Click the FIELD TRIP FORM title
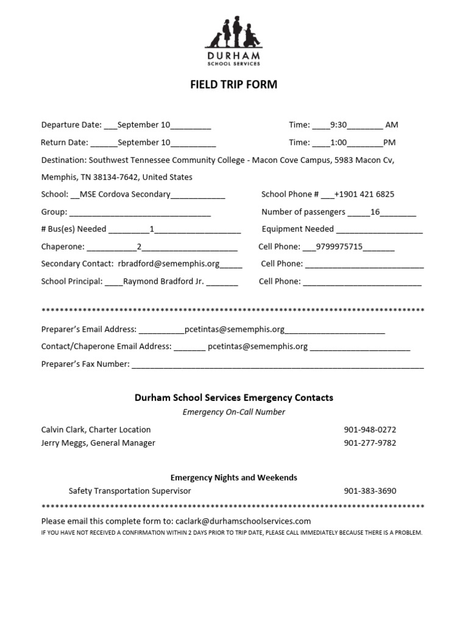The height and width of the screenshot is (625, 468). tap(234, 85)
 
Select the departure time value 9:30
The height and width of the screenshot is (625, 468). tap(338, 125)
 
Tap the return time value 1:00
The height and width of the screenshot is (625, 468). tap(338, 143)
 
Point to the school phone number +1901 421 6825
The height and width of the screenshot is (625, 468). tap(364, 195)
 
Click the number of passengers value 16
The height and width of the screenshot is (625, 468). tap(375, 212)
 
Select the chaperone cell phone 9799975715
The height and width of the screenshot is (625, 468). tap(336, 247)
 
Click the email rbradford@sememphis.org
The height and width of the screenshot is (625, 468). tap(169, 264)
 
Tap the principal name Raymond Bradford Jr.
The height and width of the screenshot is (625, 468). tap(163, 282)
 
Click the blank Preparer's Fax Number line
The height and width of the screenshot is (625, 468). tap(277, 365)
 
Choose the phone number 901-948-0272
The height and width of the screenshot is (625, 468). tap(370, 430)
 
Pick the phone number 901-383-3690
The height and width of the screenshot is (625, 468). tap(370, 491)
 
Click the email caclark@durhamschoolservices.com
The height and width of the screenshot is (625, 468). tap(243, 521)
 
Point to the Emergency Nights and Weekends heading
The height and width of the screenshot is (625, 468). tap(234, 477)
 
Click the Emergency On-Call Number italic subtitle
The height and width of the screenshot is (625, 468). tap(234, 412)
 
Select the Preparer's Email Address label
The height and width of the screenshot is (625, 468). tap(89, 330)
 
